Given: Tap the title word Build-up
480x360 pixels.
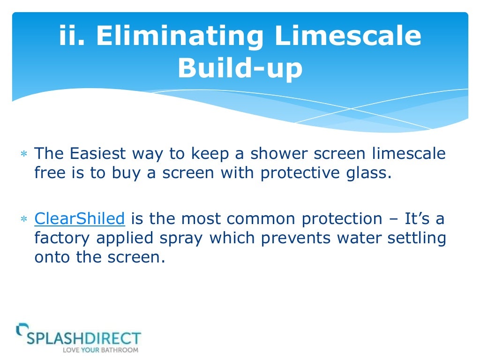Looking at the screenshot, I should tap(240, 68).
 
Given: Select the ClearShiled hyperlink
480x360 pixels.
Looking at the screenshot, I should tap(80, 218).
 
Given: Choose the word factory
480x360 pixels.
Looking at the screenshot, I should tap(63, 238).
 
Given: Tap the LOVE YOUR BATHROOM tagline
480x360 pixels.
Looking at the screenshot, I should tap(100, 350).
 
